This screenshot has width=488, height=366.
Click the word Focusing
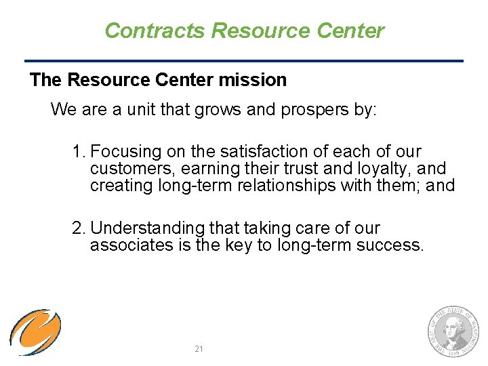126,152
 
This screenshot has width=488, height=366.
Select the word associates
131,245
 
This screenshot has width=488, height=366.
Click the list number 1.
78,152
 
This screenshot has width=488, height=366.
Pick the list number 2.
78,228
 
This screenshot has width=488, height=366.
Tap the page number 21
199,348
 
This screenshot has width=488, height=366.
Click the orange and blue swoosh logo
35,332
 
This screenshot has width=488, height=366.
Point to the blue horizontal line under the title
244,61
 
